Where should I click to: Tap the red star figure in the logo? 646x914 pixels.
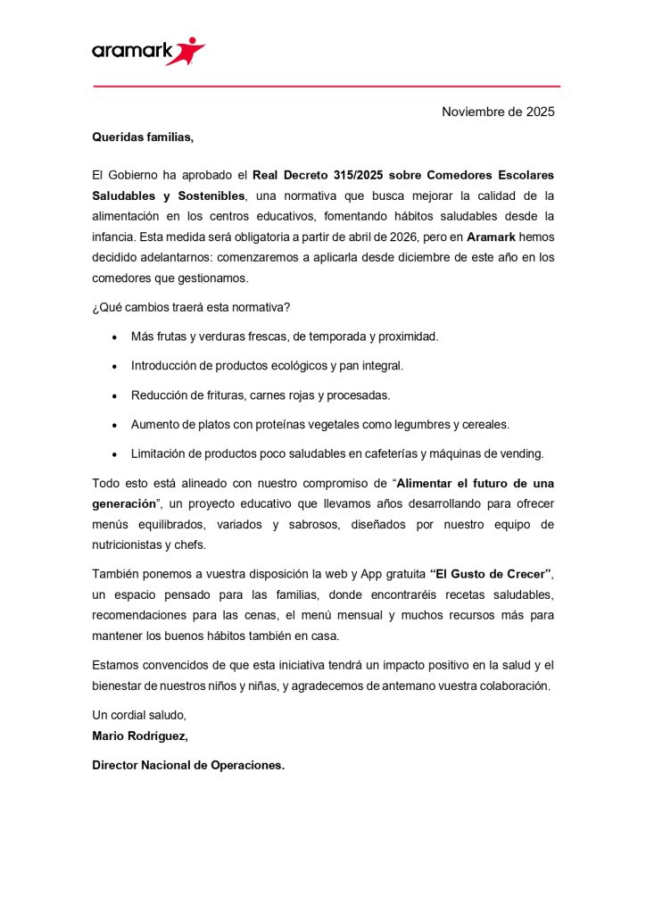[190, 50]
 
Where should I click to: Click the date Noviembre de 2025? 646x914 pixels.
[498, 112]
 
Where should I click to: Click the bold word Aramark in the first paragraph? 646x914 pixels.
[490, 237]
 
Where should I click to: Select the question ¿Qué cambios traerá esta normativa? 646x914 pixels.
[191, 308]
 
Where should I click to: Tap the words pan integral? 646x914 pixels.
[370, 366]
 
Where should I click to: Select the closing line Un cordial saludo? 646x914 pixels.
[138, 715]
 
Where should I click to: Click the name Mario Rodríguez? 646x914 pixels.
[140, 735]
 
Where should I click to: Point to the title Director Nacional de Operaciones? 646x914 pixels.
[188, 765]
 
